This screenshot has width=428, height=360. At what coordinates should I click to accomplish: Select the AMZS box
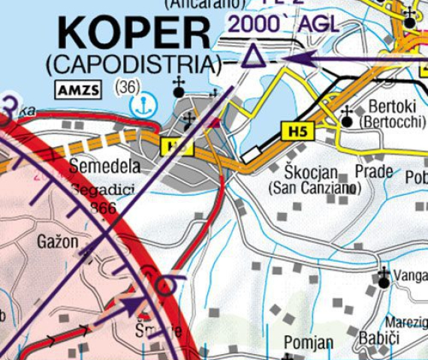click(x=77, y=91)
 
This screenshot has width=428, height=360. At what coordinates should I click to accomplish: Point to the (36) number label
click(x=128, y=86)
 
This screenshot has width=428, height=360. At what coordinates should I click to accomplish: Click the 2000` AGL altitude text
click(x=282, y=23)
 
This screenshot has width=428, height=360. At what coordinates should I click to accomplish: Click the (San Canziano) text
click(x=311, y=187)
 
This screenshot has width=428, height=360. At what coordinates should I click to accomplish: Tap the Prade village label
click(x=374, y=171)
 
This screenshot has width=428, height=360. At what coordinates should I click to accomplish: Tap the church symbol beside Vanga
click(x=384, y=277)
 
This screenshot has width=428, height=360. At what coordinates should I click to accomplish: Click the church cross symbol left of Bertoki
click(x=347, y=116)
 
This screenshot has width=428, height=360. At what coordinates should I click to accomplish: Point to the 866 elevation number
click(x=102, y=208)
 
